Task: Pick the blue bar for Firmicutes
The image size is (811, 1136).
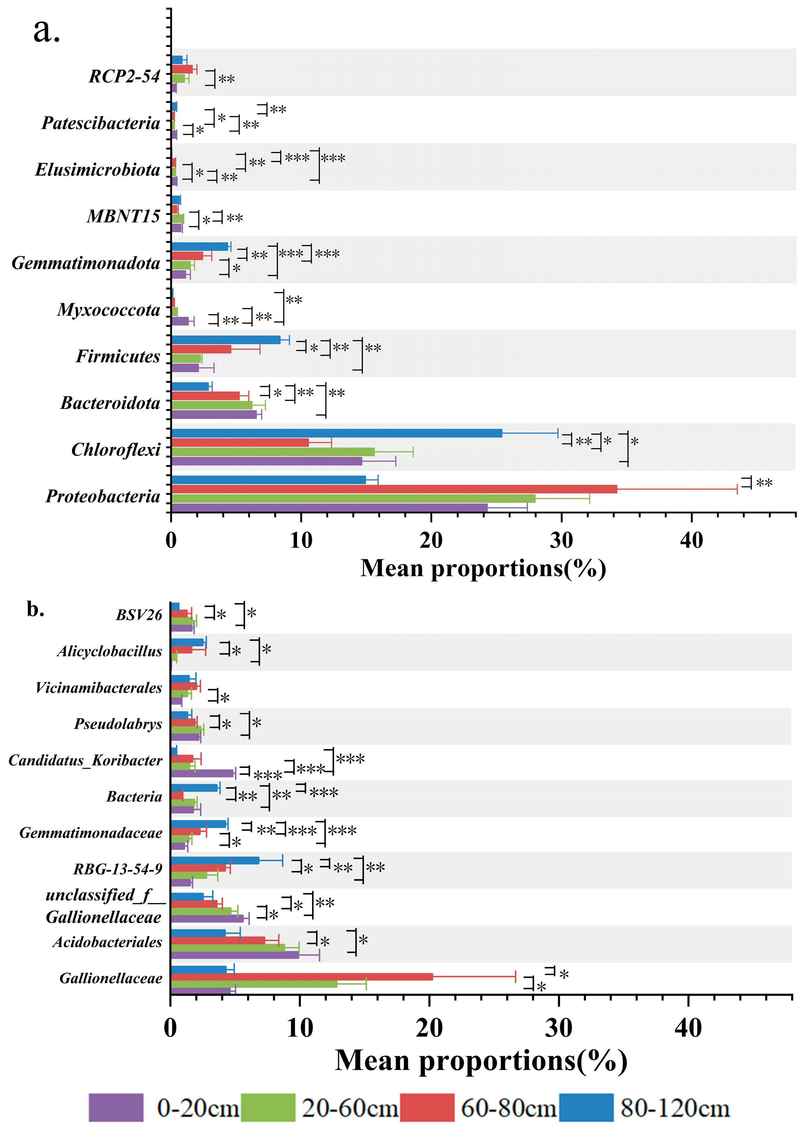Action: (226, 339)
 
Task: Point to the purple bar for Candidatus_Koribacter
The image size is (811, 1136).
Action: (202, 773)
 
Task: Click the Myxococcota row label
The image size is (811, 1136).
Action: (108, 310)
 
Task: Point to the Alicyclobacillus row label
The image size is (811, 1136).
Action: (110, 651)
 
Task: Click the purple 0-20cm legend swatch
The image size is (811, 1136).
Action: (116, 1108)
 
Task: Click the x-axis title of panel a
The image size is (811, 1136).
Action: (483, 568)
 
